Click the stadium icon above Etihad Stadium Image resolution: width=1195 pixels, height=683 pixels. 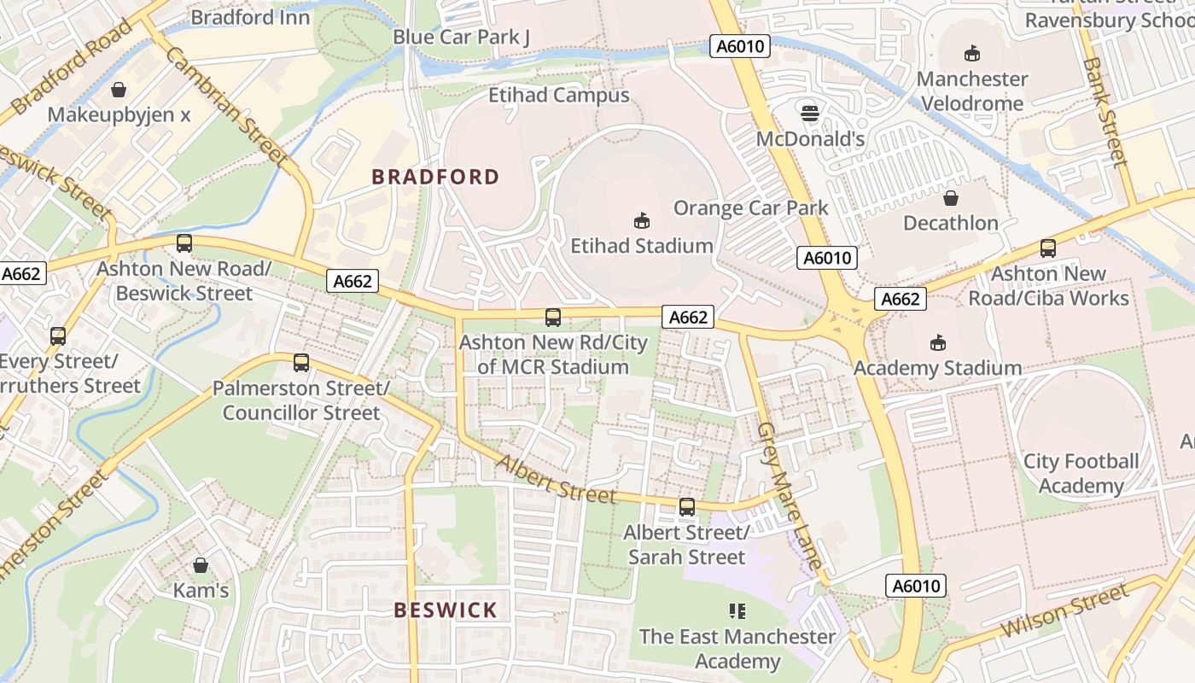coord(641,221)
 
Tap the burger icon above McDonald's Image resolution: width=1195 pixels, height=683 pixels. coord(809,113)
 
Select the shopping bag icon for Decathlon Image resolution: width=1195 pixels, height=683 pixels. coord(950,198)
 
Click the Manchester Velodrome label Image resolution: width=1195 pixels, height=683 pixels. coord(971,91)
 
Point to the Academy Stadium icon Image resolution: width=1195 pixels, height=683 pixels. coord(937,343)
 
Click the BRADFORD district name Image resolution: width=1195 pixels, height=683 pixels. coord(435,177)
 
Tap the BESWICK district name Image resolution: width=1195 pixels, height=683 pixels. coord(445,610)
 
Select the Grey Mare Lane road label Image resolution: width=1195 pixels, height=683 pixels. coord(790,495)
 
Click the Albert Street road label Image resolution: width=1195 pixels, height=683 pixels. coord(557,479)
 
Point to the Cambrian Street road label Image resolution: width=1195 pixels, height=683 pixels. coord(226,106)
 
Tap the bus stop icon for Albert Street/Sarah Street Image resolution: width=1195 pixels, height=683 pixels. coord(687,507)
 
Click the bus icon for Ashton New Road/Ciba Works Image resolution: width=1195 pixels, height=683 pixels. coord(1047,248)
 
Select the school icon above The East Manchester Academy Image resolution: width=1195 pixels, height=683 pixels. coord(737,610)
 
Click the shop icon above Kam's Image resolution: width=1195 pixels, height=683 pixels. coord(201,565)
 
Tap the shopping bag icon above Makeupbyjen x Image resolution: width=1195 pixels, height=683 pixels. coord(119,90)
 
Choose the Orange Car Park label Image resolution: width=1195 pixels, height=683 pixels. coord(750,207)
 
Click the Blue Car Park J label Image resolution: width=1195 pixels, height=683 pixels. coord(461,37)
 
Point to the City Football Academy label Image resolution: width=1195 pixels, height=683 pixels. coord(1081,474)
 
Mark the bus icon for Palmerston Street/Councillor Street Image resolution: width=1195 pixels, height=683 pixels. coord(300,363)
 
